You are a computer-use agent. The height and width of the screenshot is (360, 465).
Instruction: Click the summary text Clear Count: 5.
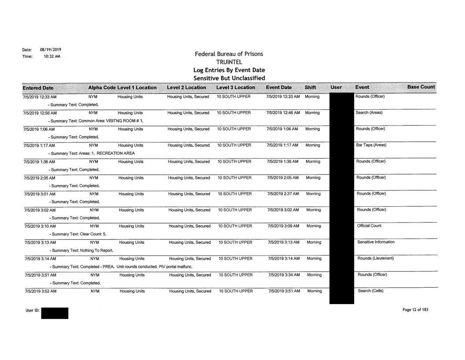coord(76,235)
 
